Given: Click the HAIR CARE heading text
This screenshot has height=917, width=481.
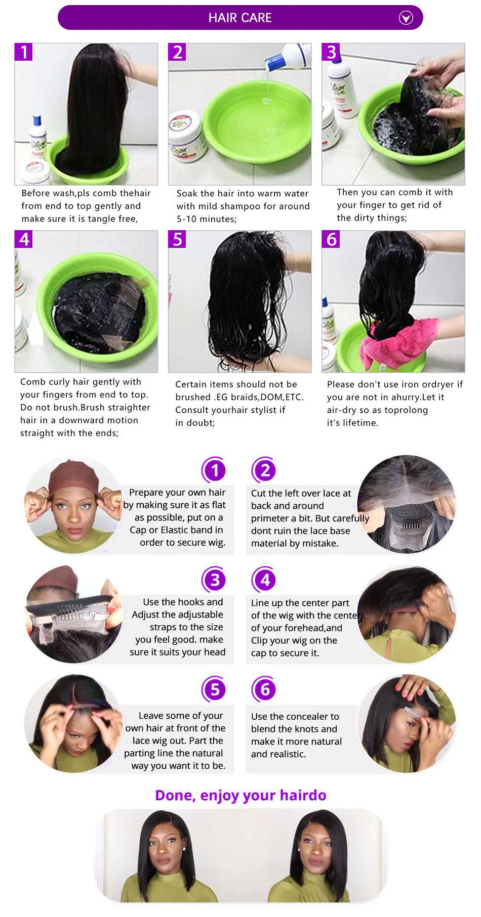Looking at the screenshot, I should [x=240, y=18].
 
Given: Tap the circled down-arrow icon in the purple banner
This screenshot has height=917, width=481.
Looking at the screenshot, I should [x=406, y=18].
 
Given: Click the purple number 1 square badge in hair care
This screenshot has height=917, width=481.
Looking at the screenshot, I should [x=24, y=52].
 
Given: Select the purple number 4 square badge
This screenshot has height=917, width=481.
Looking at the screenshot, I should [x=24, y=239].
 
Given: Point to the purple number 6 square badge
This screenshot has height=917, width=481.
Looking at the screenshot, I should [x=331, y=239].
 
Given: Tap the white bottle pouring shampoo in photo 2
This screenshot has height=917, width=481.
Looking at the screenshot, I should [x=294, y=60].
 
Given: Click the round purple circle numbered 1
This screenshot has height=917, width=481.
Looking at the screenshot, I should [x=215, y=471].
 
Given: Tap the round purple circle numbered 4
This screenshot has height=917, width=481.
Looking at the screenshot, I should [x=265, y=580].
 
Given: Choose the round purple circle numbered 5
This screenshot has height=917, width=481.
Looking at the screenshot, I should [x=215, y=690].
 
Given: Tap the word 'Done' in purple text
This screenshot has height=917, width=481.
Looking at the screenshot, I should [x=175, y=795].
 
